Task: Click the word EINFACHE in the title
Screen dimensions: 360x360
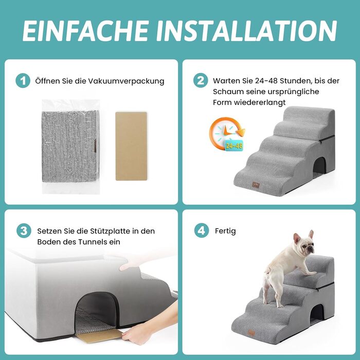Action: tap(85, 30)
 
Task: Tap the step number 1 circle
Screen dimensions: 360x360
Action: tap(23, 81)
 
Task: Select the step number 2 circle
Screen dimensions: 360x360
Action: tap(201, 80)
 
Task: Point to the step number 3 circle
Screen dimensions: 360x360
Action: tap(24, 230)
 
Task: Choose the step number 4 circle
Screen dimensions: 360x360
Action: tap(202, 230)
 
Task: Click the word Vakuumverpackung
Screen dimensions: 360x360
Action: tap(127, 81)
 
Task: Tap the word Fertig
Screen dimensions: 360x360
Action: tap(225, 231)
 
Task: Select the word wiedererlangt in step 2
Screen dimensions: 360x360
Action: tap(260, 102)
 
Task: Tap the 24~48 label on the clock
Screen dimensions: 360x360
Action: tap(233, 146)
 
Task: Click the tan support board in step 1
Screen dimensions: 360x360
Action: tap(131, 146)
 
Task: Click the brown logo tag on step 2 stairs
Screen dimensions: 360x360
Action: tap(256, 185)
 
